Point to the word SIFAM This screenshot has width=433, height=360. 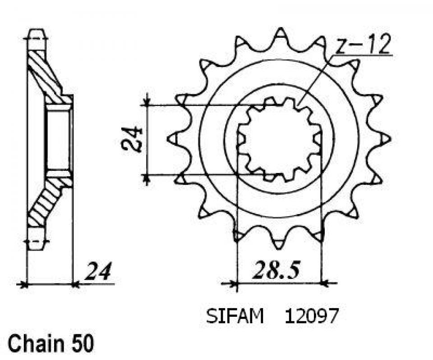pyautogui.click(x=235, y=316)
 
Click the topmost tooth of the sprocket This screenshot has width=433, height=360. pyautogui.click(x=280, y=33)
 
